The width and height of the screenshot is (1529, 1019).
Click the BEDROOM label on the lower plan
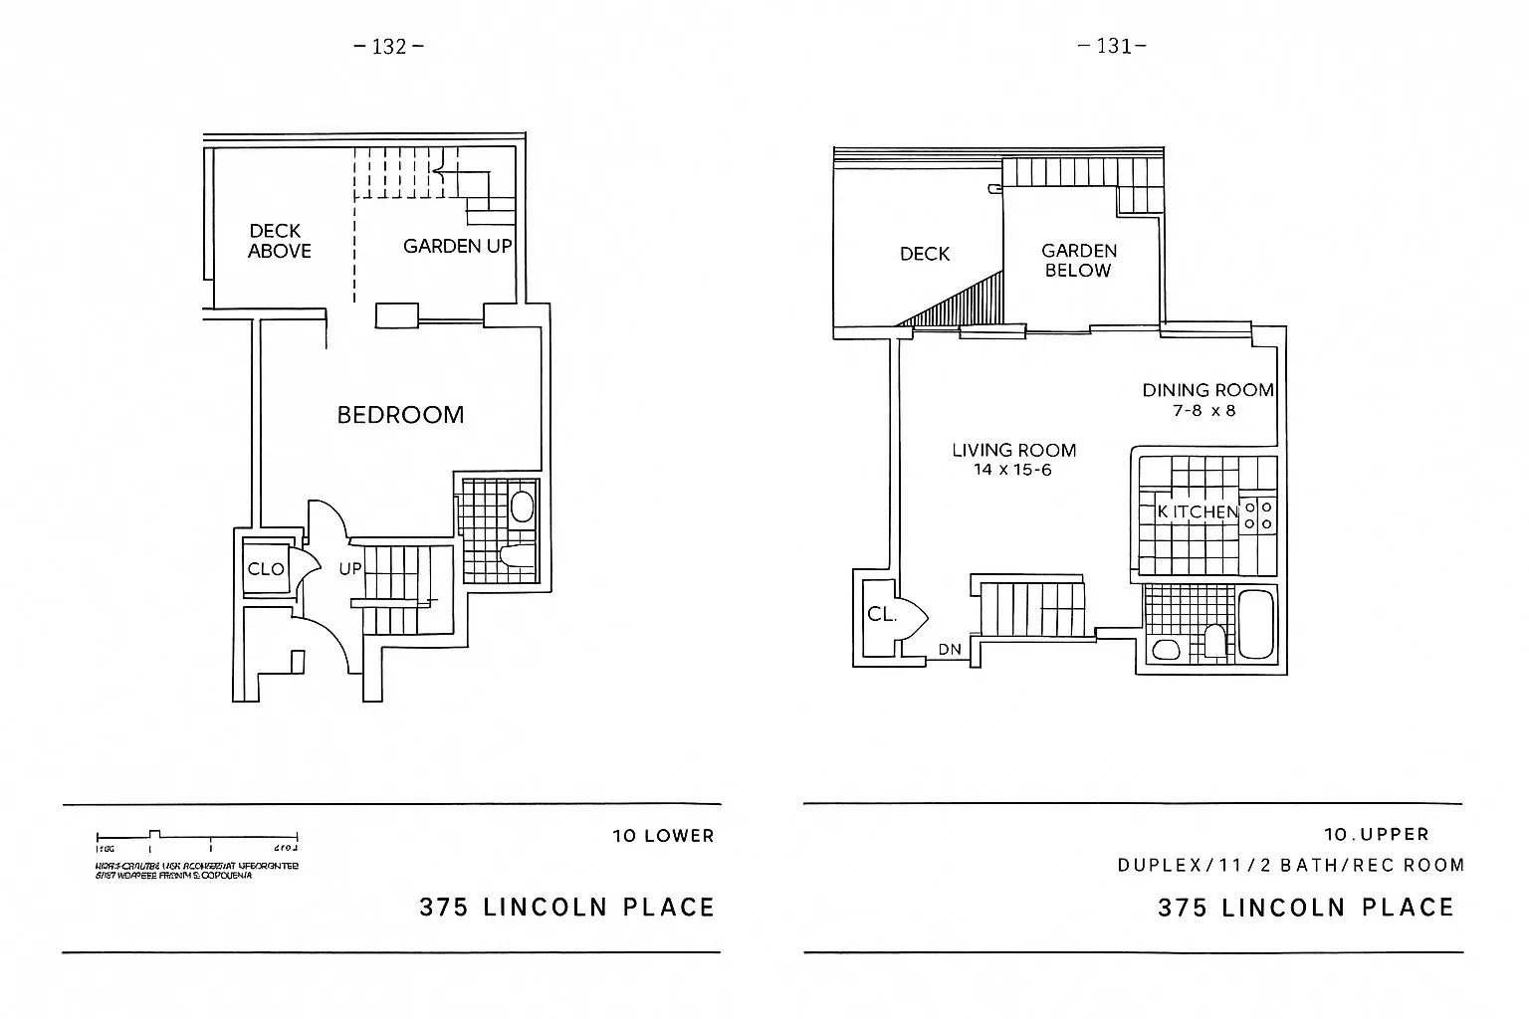[x=400, y=415]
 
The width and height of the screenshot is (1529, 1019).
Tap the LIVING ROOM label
[x=1013, y=451]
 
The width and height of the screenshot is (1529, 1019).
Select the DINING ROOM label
[x=1207, y=390]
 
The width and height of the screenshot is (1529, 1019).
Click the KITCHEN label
[x=1198, y=511]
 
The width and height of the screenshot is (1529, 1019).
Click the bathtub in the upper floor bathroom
[x=1257, y=624]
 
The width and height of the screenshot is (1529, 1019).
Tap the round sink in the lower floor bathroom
[x=522, y=507]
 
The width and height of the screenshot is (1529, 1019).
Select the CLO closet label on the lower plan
[x=266, y=569]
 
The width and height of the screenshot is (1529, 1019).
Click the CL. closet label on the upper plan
[x=881, y=615]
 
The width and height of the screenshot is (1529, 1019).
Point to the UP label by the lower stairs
[x=349, y=569]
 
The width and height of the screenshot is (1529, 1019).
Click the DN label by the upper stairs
[x=950, y=650]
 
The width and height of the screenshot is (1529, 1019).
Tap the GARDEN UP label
[x=457, y=246]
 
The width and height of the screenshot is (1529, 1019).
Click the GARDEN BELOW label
[x=1079, y=261]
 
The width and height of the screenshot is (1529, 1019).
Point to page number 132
[x=389, y=46]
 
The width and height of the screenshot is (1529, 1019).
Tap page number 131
[x=1113, y=46]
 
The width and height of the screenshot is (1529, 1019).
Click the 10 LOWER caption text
[x=663, y=836]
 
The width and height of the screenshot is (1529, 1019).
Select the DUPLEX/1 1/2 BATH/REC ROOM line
[x=1290, y=865]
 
